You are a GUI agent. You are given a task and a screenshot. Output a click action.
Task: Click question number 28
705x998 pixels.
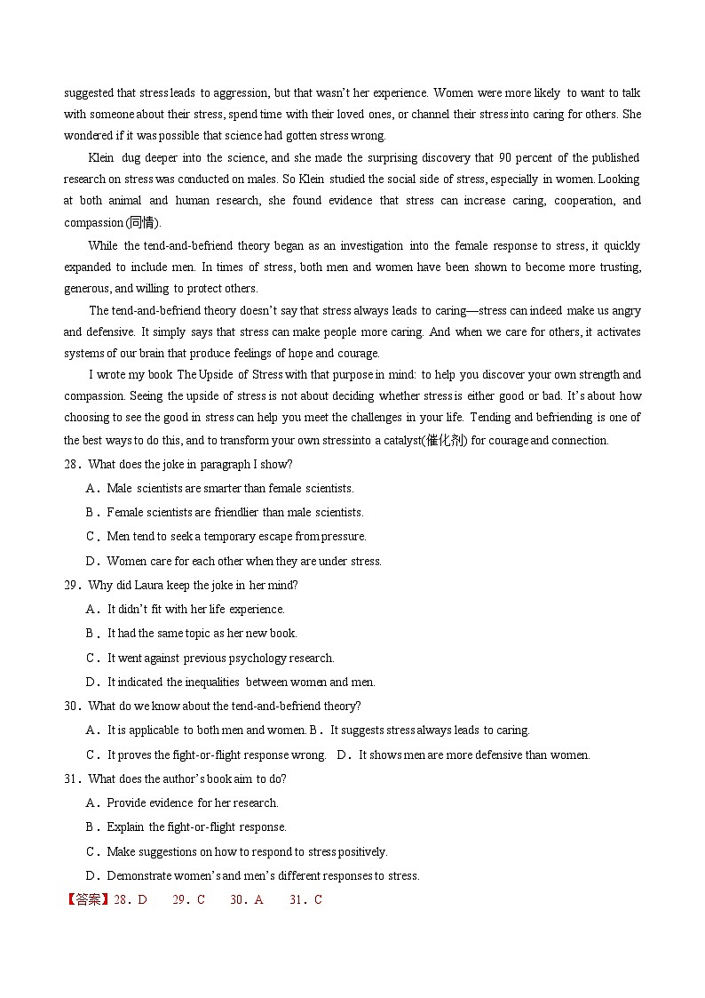coord(73,464)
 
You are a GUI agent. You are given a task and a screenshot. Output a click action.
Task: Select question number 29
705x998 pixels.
coord(73,585)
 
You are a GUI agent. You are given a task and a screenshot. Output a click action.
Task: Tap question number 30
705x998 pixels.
coord(73,706)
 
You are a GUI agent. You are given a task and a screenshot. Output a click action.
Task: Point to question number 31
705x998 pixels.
coord(73,778)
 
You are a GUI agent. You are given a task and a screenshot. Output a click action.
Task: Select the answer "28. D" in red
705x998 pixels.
coord(131,899)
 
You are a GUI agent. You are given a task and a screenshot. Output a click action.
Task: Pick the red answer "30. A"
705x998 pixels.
coord(247,899)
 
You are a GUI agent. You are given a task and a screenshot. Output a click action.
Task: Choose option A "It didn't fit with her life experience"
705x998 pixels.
coord(195,609)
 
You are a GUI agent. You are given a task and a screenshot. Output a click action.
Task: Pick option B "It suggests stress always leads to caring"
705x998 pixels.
coord(429,730)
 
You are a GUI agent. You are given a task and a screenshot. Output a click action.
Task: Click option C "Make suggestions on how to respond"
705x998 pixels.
coord(246,851)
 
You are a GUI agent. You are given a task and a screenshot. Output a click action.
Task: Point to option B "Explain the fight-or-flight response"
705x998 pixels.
coord(195,826)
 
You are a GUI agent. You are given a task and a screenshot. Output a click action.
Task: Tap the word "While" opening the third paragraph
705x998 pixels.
coord(103,245)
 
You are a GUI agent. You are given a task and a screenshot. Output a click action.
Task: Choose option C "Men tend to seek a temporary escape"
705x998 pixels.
coord(235,536)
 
